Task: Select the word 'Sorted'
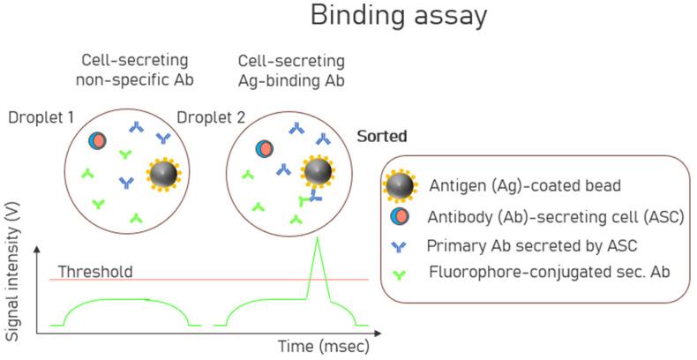pos(382,138)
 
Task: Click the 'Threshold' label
pos(95,271)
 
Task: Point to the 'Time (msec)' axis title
pos(324,345)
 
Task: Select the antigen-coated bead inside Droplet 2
pos(317,171)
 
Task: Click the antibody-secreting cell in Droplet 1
pos(98,140)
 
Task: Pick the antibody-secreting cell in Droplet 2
pos(264,149)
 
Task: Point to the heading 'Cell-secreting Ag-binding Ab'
pos(292,70)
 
